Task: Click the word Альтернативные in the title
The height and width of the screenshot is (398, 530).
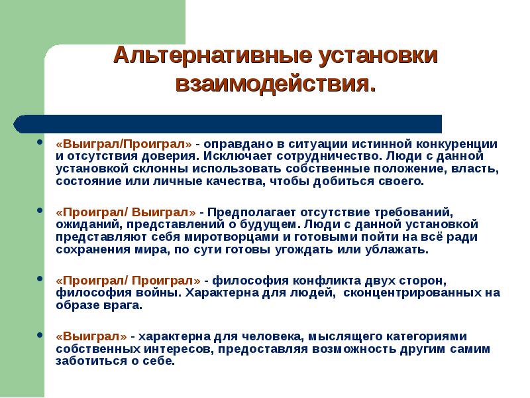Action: (203, 56)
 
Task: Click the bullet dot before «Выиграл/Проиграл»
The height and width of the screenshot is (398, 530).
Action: (41, 144)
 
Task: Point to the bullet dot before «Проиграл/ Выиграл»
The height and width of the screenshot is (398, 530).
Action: (41, 212)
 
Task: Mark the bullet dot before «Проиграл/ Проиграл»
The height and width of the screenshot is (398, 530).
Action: (41, 281)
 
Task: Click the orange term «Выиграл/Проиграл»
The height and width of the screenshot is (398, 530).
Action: (124, 144)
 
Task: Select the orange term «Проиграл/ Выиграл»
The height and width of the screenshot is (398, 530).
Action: (125, 212)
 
